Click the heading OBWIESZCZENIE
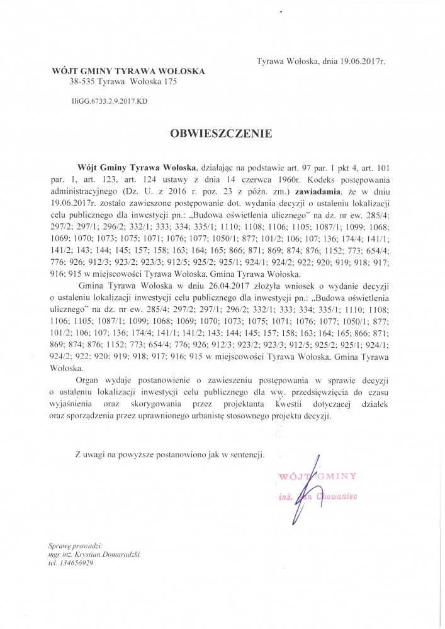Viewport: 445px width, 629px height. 220,133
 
